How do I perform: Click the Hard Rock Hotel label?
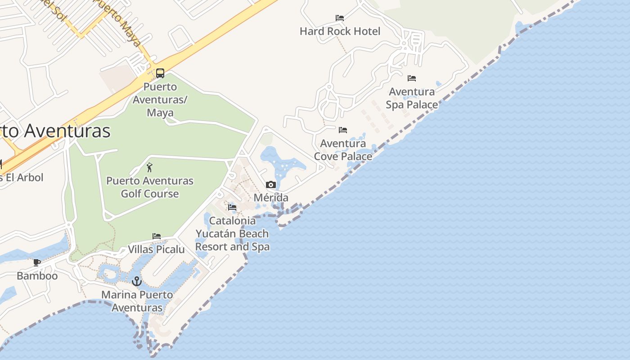coord(340,31)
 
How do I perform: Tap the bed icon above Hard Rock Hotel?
coord(340,18)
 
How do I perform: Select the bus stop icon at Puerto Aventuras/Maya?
coord(160,73)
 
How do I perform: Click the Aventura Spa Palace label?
coord(412,98)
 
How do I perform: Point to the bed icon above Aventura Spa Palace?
coord(412,78)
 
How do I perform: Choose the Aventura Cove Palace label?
coord(343,150)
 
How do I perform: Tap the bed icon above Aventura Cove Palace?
coord(343,130)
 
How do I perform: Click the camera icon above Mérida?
coord(270,184)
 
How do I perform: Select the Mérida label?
coord(271,198)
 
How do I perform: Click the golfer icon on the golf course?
coord(149,168)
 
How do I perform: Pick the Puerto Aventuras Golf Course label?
coord(150,187)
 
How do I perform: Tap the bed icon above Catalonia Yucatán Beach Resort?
coord(232,207)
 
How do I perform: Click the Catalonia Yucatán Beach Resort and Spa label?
coord(232,234)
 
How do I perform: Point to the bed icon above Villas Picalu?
coord(157,236)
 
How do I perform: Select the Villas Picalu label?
coord(156,249)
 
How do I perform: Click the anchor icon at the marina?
coord(137,281)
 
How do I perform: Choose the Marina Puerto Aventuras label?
coord(137,301)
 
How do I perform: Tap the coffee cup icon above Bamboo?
coord(37,262)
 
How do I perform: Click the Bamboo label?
coord(37,276)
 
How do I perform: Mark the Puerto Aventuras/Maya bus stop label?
coord(160,99)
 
